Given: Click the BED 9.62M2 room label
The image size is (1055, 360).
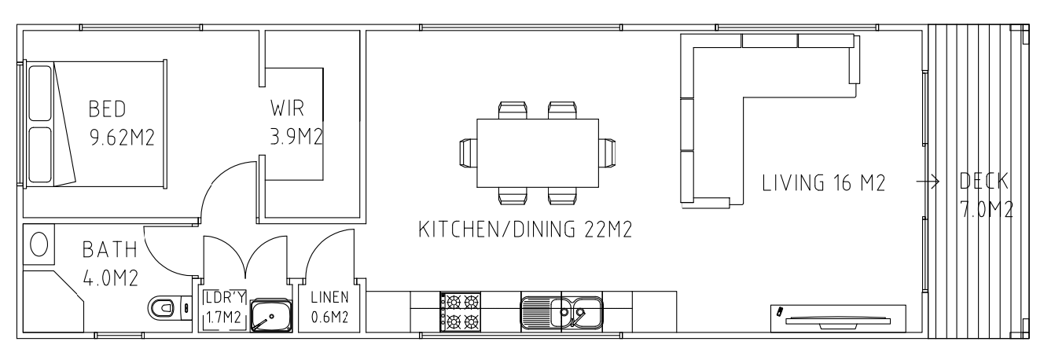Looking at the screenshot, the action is (122, 123).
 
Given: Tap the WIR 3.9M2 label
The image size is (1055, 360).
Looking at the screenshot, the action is (296, 123).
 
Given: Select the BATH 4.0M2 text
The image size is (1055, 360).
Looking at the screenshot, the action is (110, 263).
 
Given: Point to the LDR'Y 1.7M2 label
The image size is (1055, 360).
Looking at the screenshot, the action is (224, 307).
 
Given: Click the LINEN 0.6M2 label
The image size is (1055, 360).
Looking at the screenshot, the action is (329, 307).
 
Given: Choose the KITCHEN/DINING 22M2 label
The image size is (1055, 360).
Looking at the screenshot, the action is (525, 230).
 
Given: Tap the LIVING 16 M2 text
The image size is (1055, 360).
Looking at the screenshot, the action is (823, 183).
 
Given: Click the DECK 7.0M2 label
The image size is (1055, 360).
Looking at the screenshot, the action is (987, 196).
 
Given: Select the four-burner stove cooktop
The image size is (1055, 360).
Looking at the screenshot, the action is (461, 311).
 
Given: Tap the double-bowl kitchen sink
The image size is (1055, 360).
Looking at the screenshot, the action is (561, 312).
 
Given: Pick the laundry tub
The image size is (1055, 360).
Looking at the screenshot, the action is (271, 315).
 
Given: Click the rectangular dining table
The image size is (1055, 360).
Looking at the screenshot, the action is (538, 153).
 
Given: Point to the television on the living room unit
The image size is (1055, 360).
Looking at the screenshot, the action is (838, 322).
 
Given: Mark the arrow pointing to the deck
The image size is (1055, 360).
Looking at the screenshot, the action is (928, 182).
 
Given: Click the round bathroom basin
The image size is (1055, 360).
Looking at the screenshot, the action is (39, 244).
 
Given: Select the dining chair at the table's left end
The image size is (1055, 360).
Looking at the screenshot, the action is (469, 152).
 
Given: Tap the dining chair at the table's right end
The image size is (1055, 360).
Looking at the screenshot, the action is (608, 152).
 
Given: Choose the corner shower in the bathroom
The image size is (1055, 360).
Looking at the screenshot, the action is (53, 302).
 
